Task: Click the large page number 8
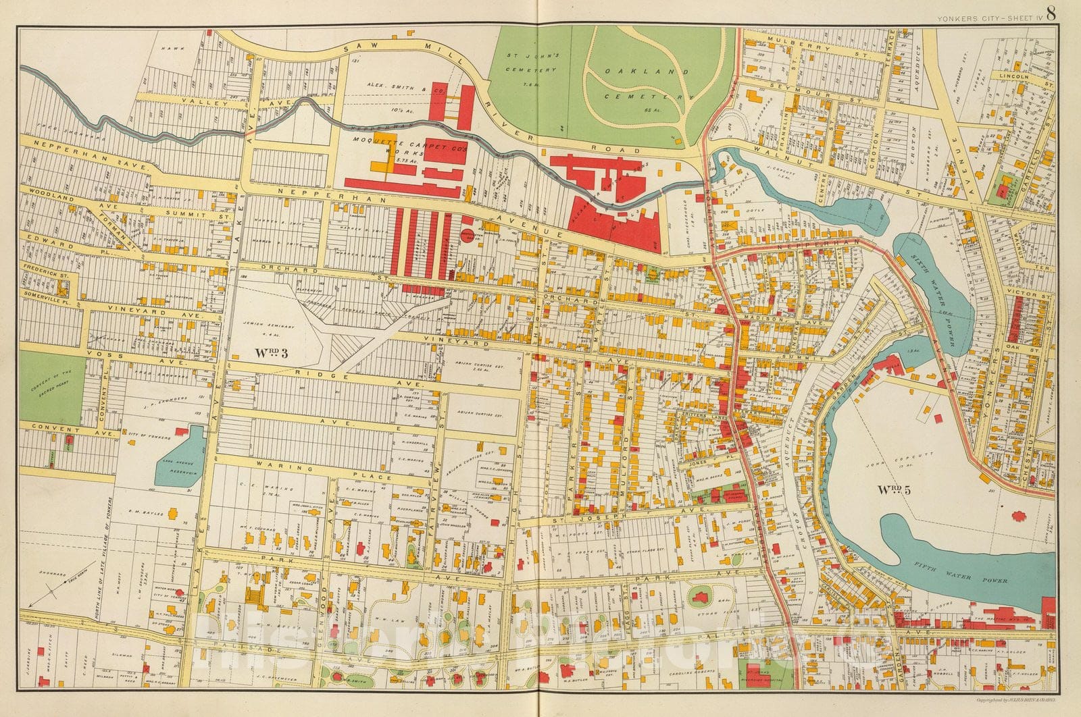(1053, 13)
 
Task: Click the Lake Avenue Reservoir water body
(180, 456)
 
